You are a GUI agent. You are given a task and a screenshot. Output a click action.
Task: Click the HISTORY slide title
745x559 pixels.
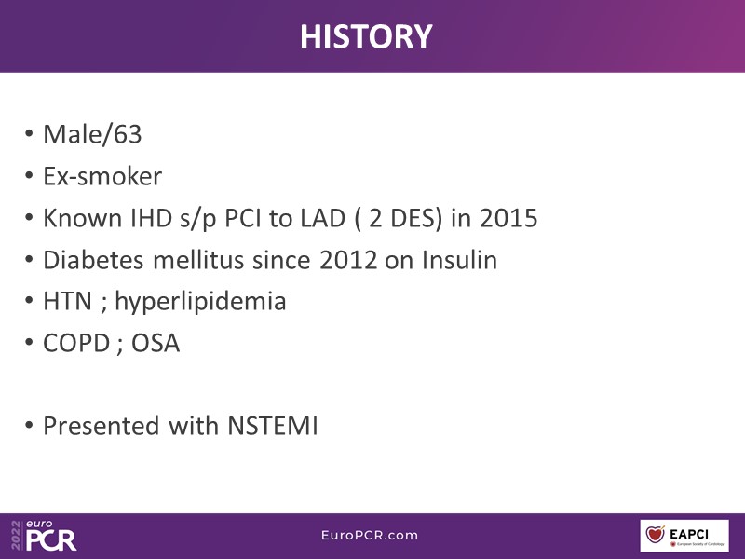366,36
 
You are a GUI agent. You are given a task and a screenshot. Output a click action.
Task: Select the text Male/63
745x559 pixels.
92,134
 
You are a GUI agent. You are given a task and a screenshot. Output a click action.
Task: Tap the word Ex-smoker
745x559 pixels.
102,176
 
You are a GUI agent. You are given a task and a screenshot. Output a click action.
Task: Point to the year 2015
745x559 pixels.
508,218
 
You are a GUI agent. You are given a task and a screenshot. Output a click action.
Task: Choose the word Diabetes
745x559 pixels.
93,260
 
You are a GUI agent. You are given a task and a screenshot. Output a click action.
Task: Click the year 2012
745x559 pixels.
348,260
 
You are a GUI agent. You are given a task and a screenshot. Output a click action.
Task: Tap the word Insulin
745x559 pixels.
459,260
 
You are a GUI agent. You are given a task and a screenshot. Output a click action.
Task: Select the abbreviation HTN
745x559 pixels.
67,301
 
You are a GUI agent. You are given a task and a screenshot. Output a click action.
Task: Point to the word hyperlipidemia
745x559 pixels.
200,302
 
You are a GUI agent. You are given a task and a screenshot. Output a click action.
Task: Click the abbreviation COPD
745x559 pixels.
76,343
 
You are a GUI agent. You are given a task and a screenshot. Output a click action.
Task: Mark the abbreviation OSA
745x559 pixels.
156,343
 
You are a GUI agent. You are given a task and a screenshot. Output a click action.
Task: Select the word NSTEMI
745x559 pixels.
273,426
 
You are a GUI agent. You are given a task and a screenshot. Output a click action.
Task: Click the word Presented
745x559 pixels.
101,426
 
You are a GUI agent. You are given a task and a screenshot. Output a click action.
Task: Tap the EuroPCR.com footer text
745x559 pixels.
370,535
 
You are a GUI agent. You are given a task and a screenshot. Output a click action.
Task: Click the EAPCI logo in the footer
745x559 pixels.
684,536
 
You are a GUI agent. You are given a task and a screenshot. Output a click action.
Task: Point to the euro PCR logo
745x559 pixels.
44,535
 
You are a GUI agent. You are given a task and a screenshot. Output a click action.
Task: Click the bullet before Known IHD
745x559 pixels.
29,218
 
